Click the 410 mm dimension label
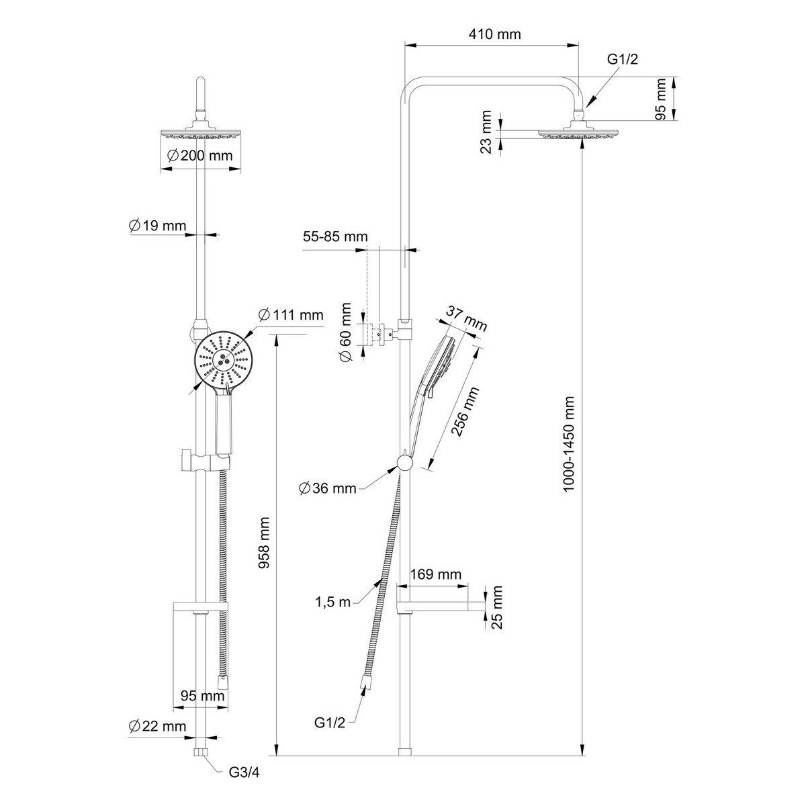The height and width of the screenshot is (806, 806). click(495, 34)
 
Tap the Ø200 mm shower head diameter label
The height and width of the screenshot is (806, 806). click(199, 156)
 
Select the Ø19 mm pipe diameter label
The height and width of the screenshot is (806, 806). click(157, 226)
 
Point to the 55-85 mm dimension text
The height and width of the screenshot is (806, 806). click(335, 236)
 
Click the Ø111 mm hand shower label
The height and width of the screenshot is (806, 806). click(291, 314)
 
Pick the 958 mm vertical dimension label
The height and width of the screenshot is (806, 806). click(264, 543)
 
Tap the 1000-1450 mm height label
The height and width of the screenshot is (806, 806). click(570, 444)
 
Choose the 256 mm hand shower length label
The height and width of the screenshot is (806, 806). click(465, 412)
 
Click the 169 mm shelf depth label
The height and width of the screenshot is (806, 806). click(435, 574)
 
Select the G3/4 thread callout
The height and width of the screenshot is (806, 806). click(244, 784)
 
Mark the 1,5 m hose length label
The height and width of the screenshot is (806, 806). click(333, 602)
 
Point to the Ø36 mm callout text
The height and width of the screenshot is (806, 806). click(328, 488)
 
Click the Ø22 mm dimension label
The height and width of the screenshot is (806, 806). click(157, 726)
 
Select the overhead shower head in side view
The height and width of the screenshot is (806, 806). click(578, 130)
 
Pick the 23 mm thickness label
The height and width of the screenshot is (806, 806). click(486, 132)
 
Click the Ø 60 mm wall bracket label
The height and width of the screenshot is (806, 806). click(346, 331)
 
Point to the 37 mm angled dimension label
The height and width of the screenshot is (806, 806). click(466, 318)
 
